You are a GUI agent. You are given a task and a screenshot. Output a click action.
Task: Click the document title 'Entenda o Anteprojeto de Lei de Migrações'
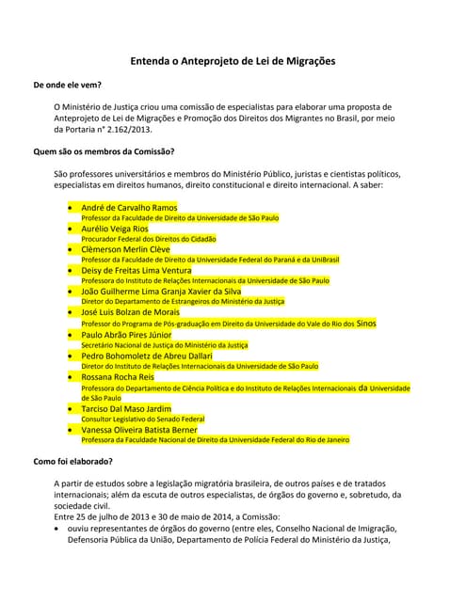coord(233,62)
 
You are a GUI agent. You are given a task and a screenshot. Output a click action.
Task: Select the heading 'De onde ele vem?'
coord(68,86)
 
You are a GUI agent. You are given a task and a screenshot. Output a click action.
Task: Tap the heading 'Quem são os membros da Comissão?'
coord(104,150)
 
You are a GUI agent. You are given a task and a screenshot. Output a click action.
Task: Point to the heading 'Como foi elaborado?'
coord(73,461)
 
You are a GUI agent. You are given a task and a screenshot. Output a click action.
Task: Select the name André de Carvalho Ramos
coord(129,207)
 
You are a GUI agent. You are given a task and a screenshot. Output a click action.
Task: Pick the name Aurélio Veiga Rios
coord(115,229)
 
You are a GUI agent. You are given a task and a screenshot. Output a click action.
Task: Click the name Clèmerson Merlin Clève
coord(126,249)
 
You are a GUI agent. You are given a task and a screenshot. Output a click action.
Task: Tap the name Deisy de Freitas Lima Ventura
coord(137,270)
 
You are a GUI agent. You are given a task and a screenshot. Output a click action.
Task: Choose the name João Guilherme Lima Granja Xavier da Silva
coord(161,292)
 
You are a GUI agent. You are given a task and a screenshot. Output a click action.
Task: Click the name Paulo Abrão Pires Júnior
coord(127,334)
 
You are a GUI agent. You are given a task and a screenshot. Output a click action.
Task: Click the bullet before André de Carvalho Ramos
coord(72,207)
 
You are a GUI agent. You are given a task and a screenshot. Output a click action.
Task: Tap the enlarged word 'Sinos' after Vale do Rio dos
coord(366,323)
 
